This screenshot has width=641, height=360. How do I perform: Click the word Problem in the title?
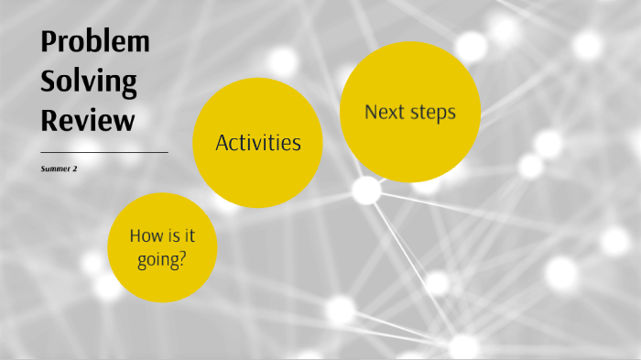95,43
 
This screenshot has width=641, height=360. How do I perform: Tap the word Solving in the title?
89,82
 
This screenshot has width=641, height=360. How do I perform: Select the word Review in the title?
88,120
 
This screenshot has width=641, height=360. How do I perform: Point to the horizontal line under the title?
103,152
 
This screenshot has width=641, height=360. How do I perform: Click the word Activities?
257,143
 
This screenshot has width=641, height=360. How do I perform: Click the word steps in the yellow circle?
431,113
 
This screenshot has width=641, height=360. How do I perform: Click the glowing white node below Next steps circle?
366,191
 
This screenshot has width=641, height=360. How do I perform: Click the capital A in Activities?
222,143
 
